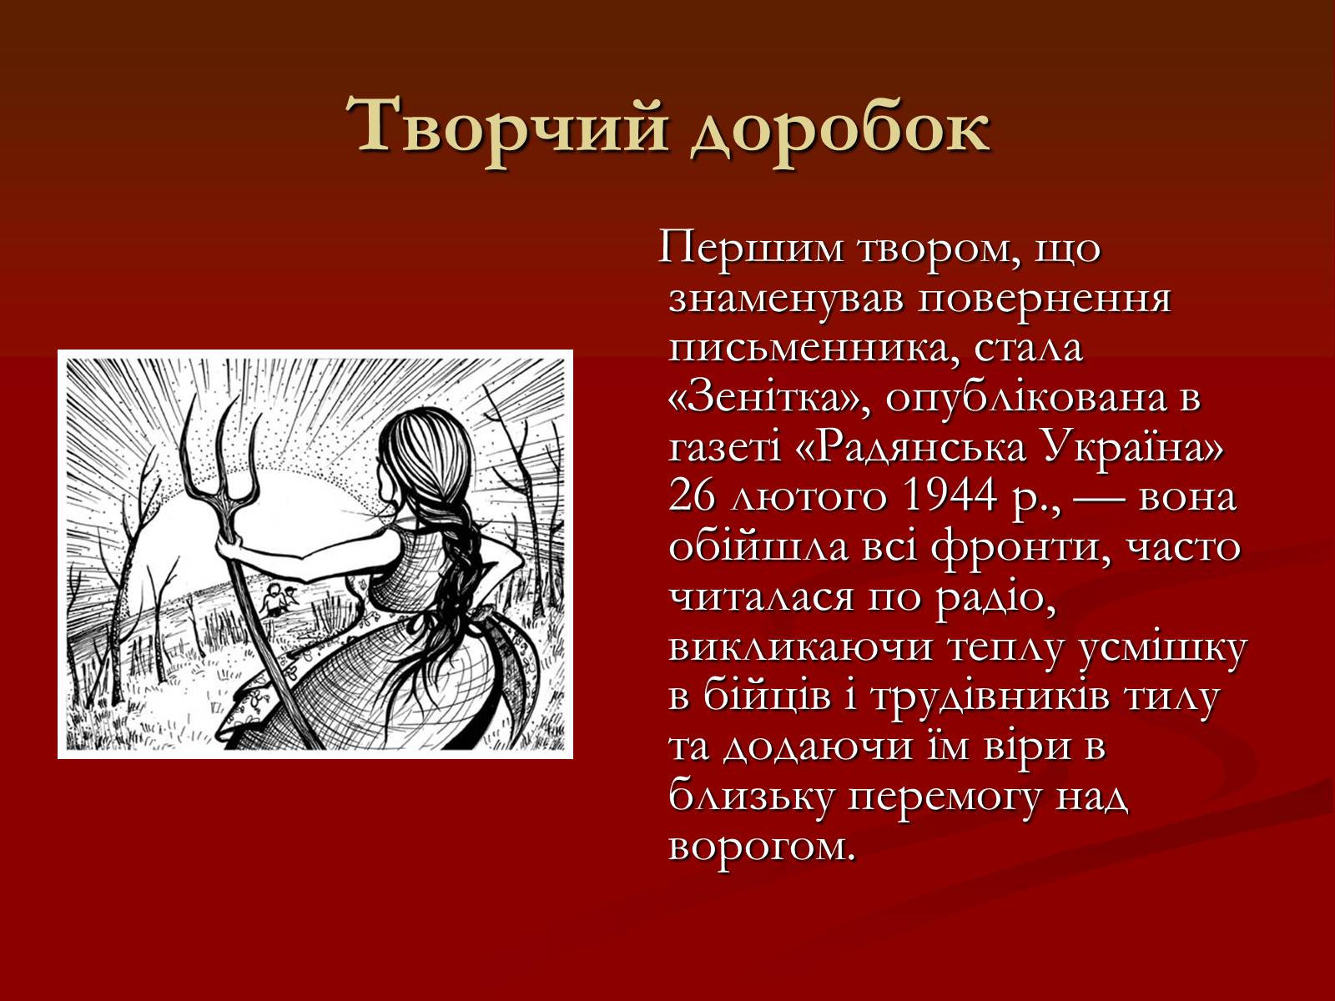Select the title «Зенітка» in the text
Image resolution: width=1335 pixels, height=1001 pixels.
769,399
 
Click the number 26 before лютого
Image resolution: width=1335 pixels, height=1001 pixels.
693,496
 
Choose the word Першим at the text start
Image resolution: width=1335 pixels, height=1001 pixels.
752,250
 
